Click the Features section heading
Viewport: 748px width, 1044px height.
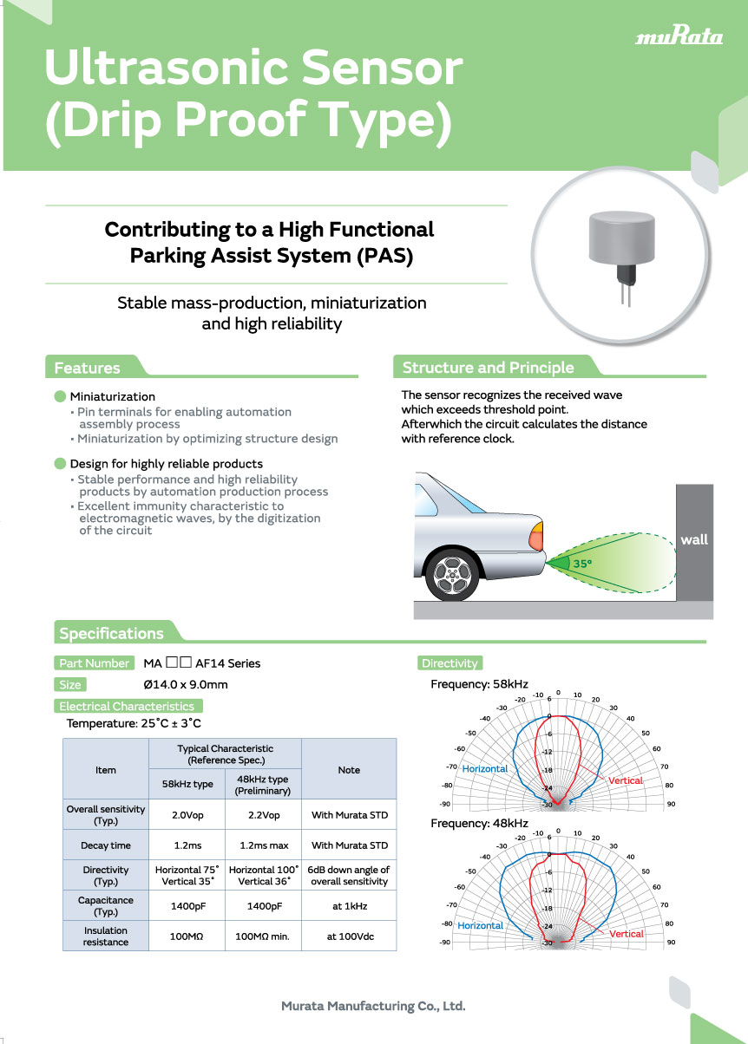click(87, 368)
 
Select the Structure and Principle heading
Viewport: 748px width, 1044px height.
click(488, 368)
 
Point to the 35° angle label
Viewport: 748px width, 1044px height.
click(581, 564)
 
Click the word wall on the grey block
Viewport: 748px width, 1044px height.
click(694, 539)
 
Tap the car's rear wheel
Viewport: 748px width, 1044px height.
click(452, 572)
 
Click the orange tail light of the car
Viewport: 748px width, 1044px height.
click(537, 537)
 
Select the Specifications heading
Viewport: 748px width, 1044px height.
click(111, 633)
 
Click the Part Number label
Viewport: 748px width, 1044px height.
click(95, 663)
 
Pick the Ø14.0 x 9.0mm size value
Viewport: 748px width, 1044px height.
click(186, 685)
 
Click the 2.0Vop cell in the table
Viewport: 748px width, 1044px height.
click(187, 815)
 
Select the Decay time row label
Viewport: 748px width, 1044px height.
click(106, 845)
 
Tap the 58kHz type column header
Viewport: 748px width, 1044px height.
click(187, 784)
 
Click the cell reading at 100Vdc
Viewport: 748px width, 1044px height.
click(349, 936)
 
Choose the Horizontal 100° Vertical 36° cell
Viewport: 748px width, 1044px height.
click(263, 876)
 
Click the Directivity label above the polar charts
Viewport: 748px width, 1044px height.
click(449, 663)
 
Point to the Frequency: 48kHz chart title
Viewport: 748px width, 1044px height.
click(479, 823)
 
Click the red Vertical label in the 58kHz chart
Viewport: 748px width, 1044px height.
click(625, 780)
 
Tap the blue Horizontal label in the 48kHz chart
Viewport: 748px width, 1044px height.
click(480, 925)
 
